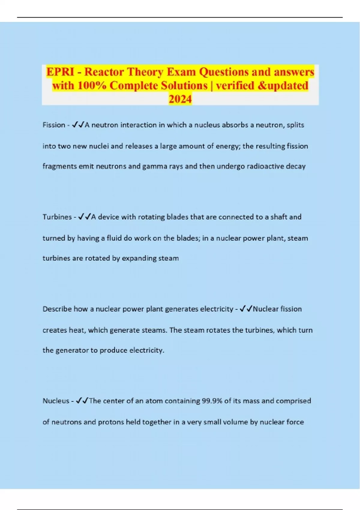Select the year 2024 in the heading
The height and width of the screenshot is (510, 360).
click(x=180, y=99)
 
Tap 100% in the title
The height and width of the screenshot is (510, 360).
click(x=92, y=85)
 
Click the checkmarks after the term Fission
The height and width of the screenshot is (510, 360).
click(x=78, y=125)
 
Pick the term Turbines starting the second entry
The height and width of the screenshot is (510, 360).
click(x=57, y=217)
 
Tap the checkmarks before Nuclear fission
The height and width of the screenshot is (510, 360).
click(x=246, y=309)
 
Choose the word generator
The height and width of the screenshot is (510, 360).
click(x=72, y=350)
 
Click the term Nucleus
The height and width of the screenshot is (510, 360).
click(x=56, y=401)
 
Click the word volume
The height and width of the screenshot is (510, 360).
click(x=235, y=422)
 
